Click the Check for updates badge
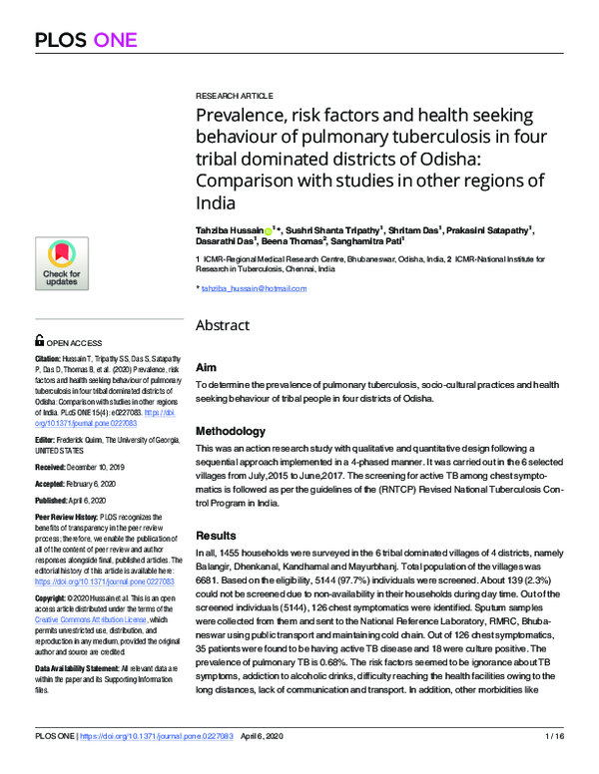coord(62,263)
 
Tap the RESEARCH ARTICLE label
coord(234,95)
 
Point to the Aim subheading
coord(206,367)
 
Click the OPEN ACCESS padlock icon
coord(40,340)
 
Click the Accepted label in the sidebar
coord(57,484)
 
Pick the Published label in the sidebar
coord(58,501)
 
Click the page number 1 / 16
coord(555,764)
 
